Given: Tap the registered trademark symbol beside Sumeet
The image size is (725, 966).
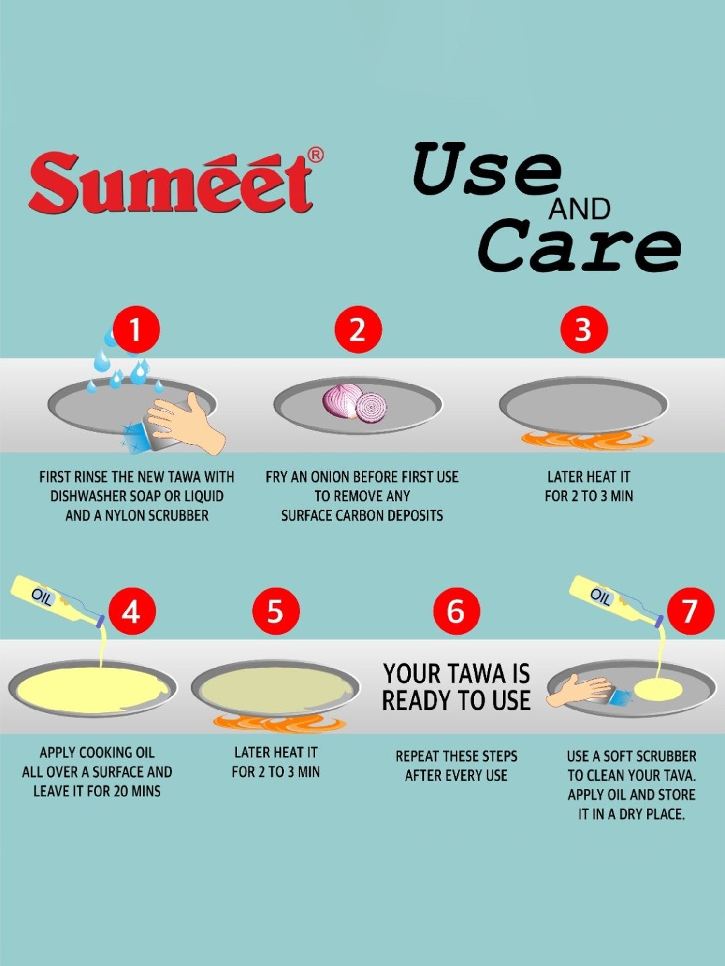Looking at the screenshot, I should pos(316,155).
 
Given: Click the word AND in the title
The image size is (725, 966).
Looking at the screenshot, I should pos(579,209).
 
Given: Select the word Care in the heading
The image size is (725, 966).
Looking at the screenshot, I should pos(580,246).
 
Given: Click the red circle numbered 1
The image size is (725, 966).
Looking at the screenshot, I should pos(136,329).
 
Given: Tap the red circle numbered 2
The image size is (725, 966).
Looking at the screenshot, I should pos(358,329).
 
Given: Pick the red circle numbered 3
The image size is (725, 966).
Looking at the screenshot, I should pos(583,329).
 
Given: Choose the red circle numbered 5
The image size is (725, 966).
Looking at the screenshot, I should pos(276,611).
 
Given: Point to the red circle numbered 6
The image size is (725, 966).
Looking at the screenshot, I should pos(456,611).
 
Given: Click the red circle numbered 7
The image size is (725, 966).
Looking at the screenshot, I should pos(690,611).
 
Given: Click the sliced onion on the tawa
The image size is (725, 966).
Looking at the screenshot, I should pos(355,404).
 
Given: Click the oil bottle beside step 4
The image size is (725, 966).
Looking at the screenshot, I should pos(56,599).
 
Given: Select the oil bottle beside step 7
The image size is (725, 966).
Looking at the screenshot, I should pos(614,599).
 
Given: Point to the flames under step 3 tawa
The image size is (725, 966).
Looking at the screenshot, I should pos(587,440).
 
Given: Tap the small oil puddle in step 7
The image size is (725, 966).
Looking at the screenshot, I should pos(658,690).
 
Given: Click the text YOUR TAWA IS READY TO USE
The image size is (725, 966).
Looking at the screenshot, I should pos(456,687).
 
